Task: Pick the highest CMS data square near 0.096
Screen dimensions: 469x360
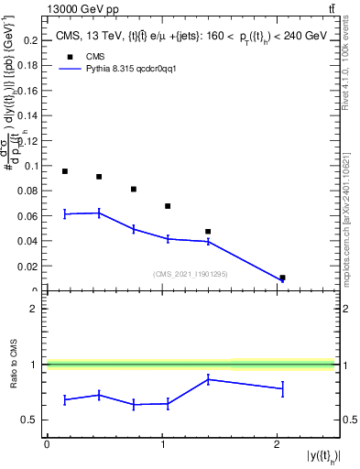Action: click(x=65, y=171)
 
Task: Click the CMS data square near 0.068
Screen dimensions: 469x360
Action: click(x=168, y=206)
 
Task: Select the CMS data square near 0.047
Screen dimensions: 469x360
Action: click(x=208, y=232)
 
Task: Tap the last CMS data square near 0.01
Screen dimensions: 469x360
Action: click(x=282, y=278)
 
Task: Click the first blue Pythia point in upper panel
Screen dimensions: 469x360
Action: click(x=65, y=213)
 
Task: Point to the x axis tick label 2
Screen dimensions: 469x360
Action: click(x=278, y=444)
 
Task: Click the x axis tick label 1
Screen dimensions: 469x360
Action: click(x=162, y=444)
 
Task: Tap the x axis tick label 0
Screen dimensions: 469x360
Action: click(x=47, y=444)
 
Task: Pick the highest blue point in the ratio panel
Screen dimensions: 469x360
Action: click(x=208, y=378)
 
